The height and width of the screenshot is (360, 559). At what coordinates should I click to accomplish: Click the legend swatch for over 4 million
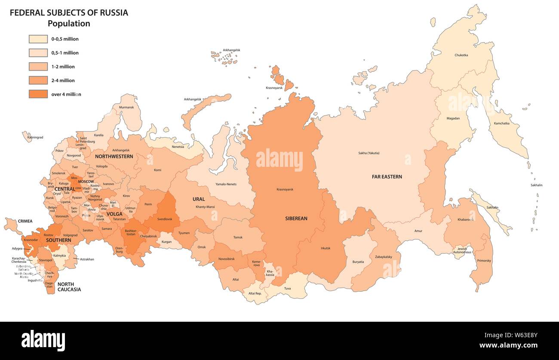(x=38, y=94)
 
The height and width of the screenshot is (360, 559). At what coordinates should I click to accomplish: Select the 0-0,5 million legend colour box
(x=38, y=39)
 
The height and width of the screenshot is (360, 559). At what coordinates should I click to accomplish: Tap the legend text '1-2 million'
(x=63, y=67)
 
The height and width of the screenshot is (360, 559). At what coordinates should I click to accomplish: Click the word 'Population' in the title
(x=69, y=24)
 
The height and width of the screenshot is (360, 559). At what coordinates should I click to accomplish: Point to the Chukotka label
(x=461, y=55)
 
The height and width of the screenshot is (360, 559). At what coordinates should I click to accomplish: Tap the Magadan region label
(x=453, y=118)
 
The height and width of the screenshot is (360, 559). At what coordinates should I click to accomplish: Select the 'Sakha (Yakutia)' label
(x=369, y=153)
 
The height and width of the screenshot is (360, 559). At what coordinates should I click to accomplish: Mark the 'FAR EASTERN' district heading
(x=387, y=177)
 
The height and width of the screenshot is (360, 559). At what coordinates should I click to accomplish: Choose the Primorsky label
(x=484, y=261)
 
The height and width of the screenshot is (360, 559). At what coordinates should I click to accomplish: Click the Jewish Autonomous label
(x=462, y=250)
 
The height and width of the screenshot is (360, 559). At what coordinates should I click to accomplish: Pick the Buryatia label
(x=358, y=262)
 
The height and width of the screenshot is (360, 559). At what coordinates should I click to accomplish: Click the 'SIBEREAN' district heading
(x=296, y=218)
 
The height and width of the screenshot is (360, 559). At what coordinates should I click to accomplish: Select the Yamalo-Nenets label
(x=226, y=184)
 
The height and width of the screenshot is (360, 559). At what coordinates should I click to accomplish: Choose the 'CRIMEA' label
(x=25, y=221)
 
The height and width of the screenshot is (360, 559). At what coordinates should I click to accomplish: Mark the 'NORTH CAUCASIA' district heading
(x=69, y=287)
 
